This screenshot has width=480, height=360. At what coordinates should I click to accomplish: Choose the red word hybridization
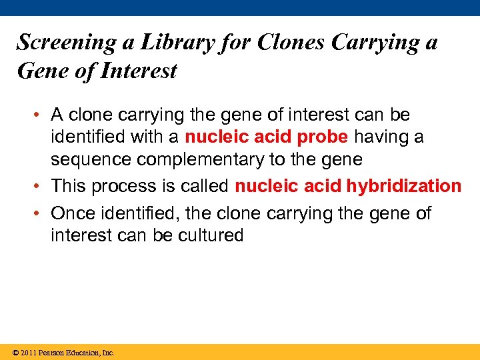403,186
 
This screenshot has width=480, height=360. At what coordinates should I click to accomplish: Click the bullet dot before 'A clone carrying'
41,115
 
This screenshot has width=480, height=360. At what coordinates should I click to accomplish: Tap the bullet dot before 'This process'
41,186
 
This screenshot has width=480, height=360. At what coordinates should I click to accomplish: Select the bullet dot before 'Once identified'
41,213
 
